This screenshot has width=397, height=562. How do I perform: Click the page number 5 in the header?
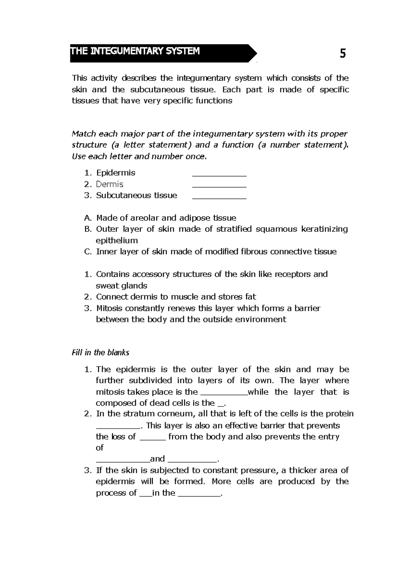pyautogui.click(x=343, y=54)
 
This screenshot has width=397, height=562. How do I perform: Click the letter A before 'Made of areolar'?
pyautogui.click(x=87, y=218)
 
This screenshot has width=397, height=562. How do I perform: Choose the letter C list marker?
pyautogui.click(x=87, y=252)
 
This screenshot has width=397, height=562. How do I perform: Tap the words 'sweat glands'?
pyautogui.click(x=121, y=286)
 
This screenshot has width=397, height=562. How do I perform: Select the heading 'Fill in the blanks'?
pyautogui.click(x=100, y=353)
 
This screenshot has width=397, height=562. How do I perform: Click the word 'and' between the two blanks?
pyautogui.click(x=157, y=459)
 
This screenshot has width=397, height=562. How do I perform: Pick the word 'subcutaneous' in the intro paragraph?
pyautogui.click(x=157, y=90)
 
